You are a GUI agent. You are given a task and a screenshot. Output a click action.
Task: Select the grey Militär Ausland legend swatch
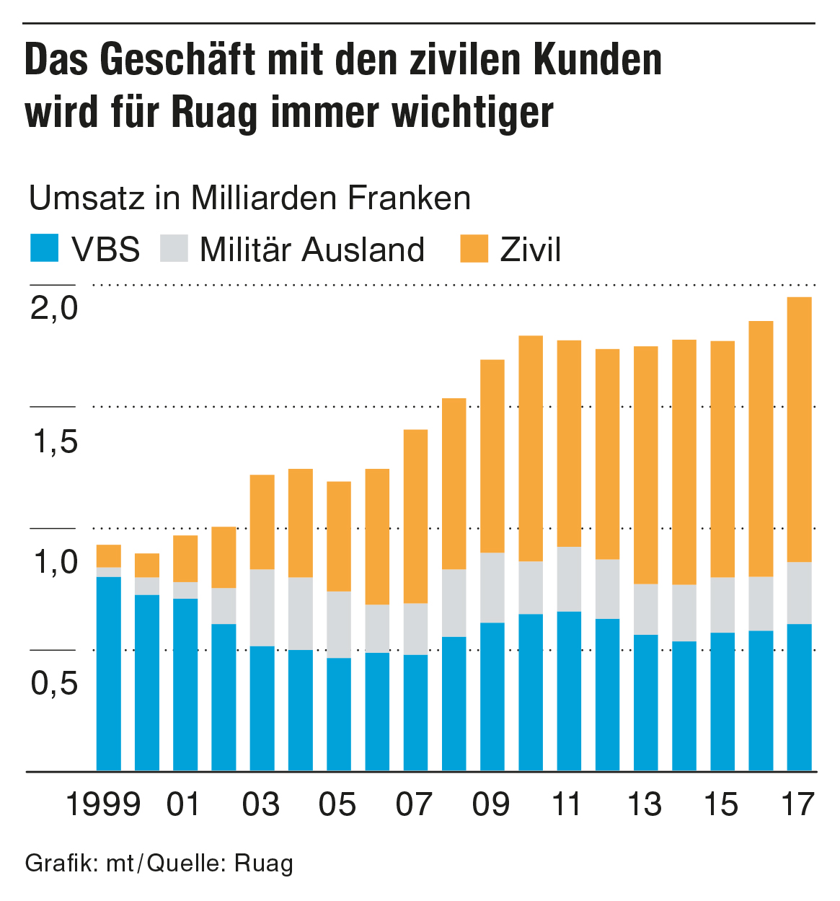pos(172,248)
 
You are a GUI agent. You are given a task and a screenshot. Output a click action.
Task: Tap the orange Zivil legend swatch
pos(474,248)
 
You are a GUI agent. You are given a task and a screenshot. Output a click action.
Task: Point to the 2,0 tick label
pos(54,308)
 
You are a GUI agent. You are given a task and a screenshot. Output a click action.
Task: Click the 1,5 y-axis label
pos(55,441)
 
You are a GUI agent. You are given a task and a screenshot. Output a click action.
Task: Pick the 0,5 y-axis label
pos(55,683)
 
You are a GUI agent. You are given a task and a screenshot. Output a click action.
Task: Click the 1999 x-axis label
pos(103,804)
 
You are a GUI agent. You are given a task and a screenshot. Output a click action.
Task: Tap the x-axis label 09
pos(491,804)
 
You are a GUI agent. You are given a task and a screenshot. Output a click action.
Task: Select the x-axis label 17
pos(798,804)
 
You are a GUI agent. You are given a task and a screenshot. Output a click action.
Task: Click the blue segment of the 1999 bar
pos(109,674)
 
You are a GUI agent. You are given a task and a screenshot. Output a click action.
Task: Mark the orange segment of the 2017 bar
pos(799,429)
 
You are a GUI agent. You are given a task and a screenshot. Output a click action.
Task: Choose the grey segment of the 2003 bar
pos(262,607)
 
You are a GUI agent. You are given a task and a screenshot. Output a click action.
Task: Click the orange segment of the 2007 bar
pos(415,517)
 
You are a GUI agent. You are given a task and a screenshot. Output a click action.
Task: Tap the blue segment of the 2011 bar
pos(569,691)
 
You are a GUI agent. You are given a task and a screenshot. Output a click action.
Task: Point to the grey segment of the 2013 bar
pos(645,609)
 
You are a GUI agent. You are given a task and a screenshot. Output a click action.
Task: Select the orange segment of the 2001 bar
pos(185,558)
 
